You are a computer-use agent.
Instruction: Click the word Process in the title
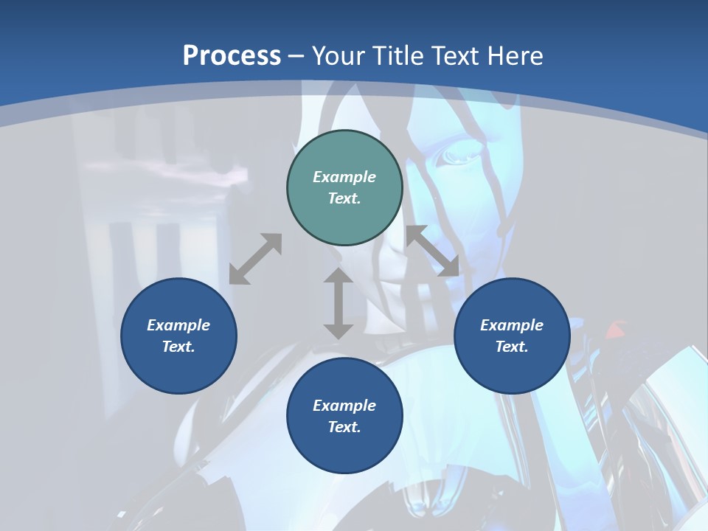click(x=232, y=56)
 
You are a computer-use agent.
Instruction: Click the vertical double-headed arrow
click(x=339, y=303)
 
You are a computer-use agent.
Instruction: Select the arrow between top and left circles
click(x=255, y=259)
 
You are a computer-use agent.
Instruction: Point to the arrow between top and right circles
click(x=432, y=251)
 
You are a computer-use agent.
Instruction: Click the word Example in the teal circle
click(x=344, y=177)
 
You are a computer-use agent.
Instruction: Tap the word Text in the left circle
click(x=178, y=347)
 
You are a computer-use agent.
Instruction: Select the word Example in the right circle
click(x=512, y=325)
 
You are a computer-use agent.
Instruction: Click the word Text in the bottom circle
click(x=344, y=427)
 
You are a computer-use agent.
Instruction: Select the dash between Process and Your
click(x=296, y=56)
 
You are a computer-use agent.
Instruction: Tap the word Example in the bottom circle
click(x=344, y=406)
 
